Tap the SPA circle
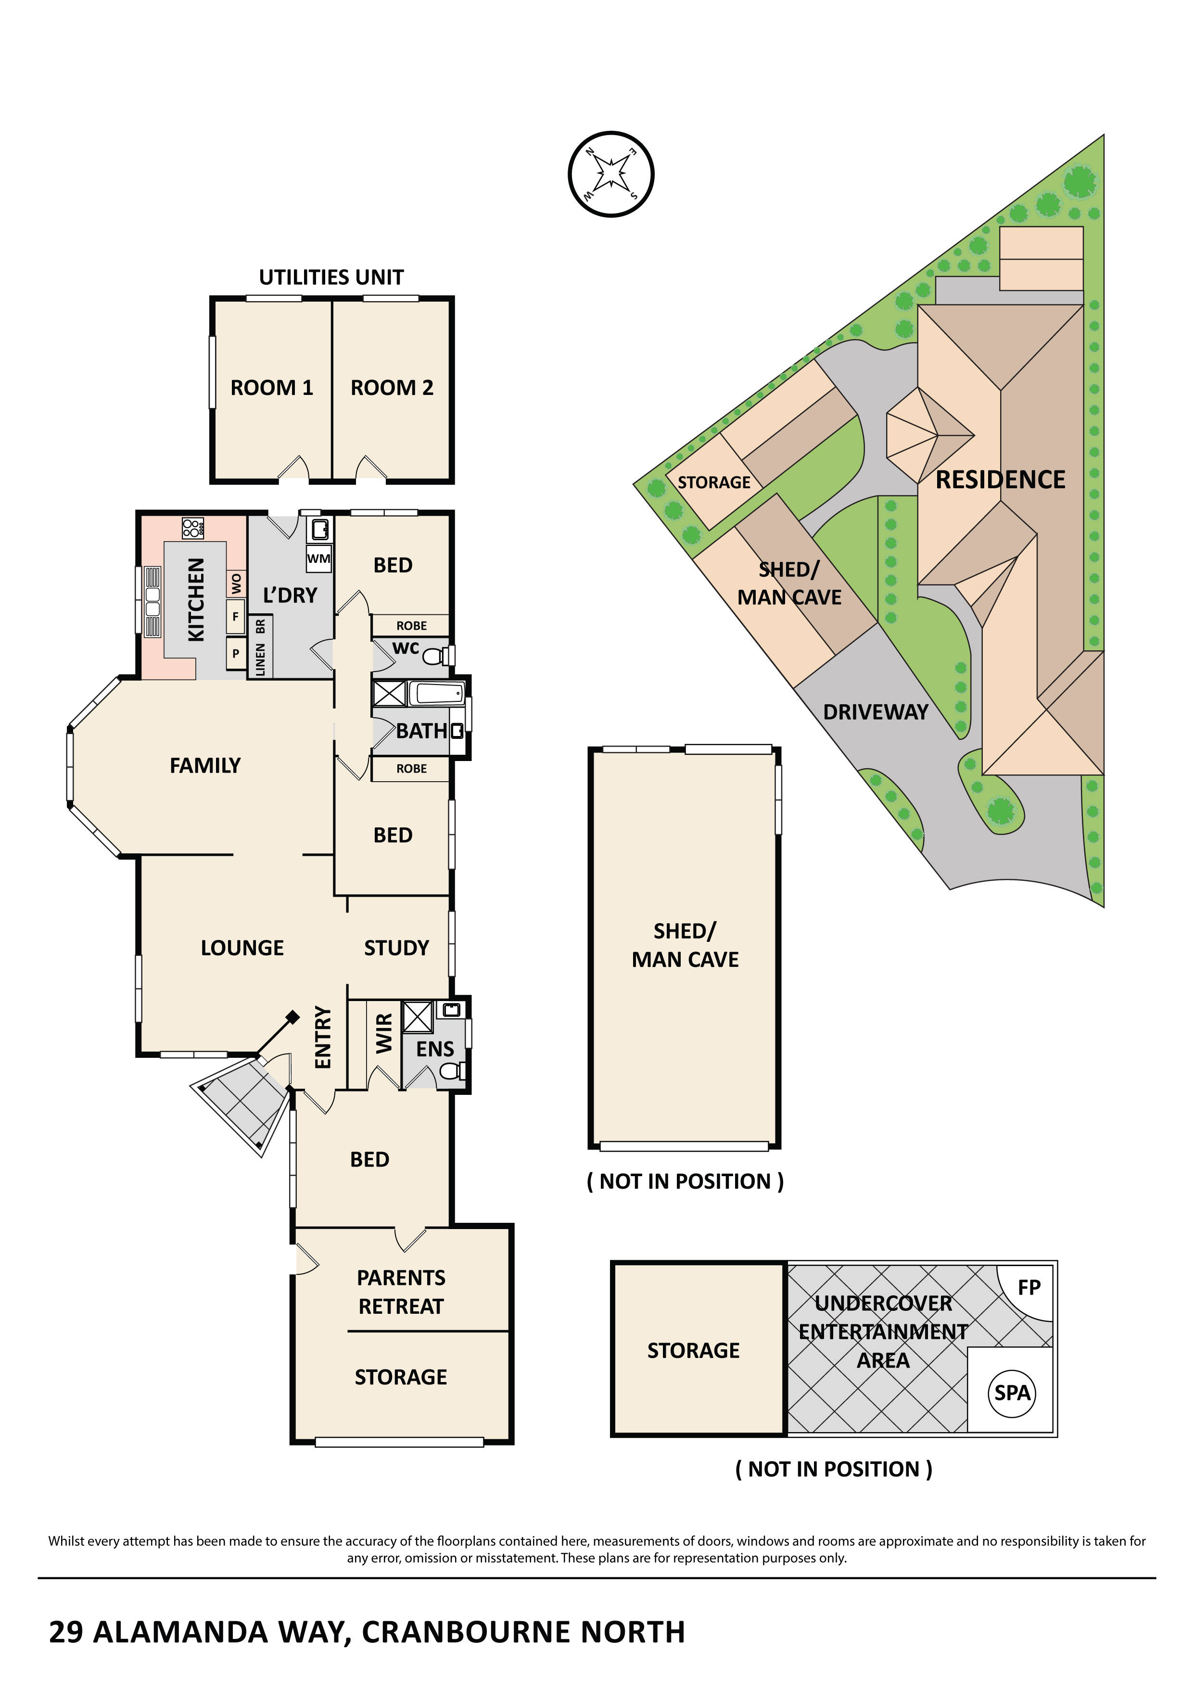(1013, 1393)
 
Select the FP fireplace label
(1029, 1287)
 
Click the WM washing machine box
(318, 559)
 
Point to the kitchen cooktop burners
(192, 527)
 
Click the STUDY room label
(396, 948)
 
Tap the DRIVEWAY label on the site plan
(875, 711)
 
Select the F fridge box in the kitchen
(235, 616)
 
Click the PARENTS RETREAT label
(401, 1292)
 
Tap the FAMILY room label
(205, 765)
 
